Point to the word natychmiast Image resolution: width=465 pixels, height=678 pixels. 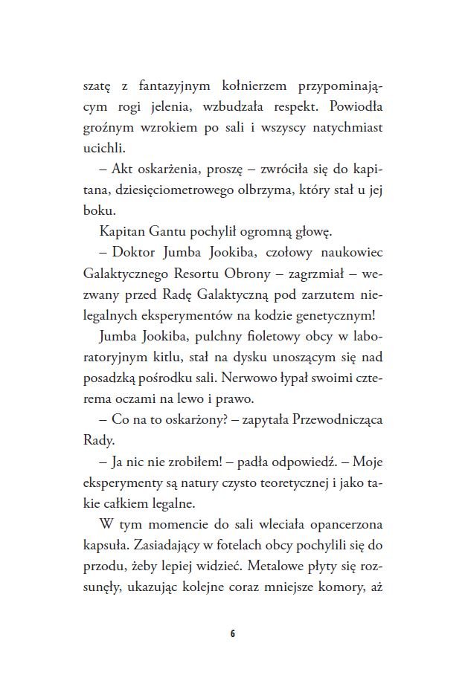pyautogui.click(x=352, y=127)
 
